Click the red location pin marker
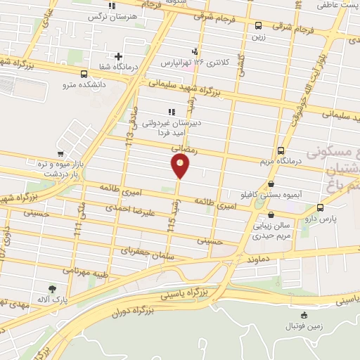click(x=181, y=166)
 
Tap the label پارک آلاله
click(x=53, y=300)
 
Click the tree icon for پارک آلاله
click(x=53, y=288)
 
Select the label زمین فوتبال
click(x=303, y=327)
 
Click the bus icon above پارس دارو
click(x=321, y=207)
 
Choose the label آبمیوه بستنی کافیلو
click(x=277, y=193)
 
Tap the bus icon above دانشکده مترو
click(x=84, y=74)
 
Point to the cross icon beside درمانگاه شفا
click(x=119, y=56)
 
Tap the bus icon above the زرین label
click(x=259, y=27)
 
